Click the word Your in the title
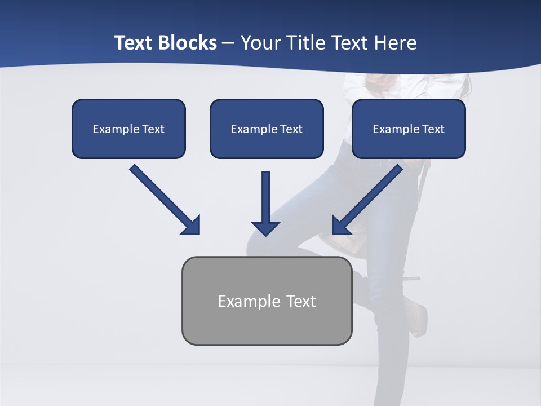[259, 43]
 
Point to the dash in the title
[228, 43]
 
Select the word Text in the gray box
[301, 301]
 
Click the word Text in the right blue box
[433, 129]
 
